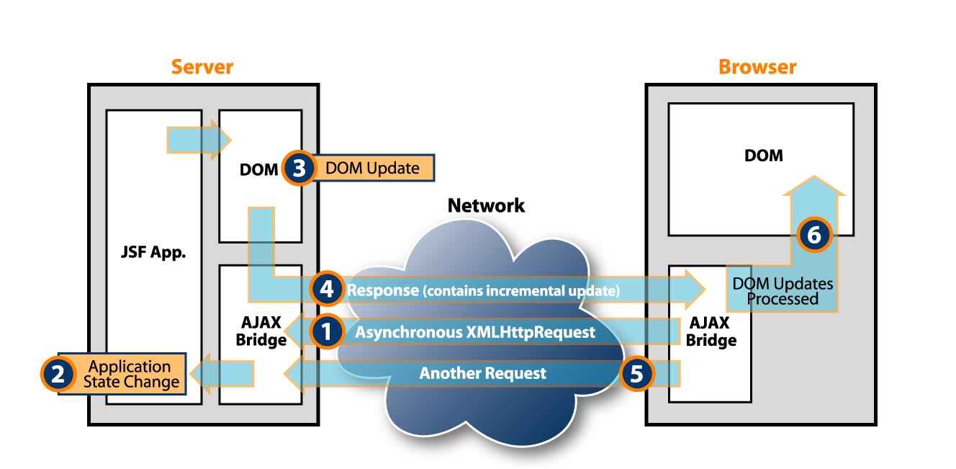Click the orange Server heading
202,67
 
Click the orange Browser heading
757,67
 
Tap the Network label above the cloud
486,205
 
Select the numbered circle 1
326,331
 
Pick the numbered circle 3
299,169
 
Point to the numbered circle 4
326,290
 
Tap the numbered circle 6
813,235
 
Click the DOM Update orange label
372,169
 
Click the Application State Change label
130,374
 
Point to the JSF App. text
153,254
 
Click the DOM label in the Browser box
764,155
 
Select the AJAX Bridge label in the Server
261,331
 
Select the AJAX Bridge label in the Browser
711,331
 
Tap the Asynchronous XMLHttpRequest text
475,332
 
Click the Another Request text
482,374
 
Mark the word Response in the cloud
383,290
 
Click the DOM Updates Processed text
782,291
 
